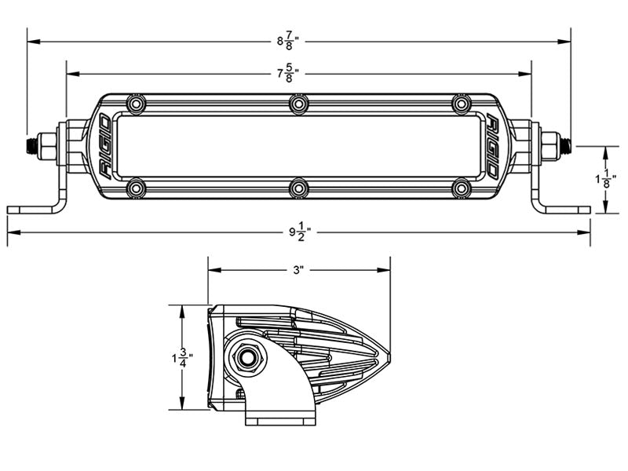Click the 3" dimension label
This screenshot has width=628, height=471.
click(298, 271)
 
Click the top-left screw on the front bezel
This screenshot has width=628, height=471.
click(137, 104)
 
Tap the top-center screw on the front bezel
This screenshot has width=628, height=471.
click(299, 104)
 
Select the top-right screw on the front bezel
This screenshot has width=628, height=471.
click(462, 104)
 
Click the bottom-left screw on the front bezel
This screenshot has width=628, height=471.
click(137, 188)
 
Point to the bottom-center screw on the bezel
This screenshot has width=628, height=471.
click(299, 188)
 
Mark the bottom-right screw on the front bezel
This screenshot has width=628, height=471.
click(462, 188)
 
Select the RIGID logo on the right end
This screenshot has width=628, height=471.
click(494, 146)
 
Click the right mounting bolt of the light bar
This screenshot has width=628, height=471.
click(557, 146)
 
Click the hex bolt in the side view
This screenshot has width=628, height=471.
click(250, 358)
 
